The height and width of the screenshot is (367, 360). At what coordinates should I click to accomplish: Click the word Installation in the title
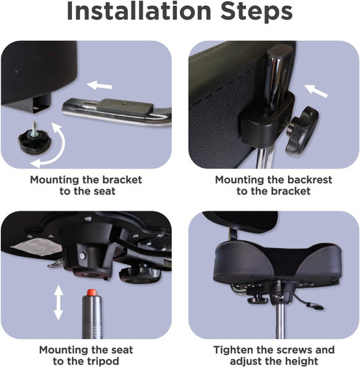[139, 11]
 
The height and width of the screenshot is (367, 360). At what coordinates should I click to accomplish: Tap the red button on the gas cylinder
[91, 292]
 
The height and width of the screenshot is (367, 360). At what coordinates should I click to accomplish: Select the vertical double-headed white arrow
[58, 302]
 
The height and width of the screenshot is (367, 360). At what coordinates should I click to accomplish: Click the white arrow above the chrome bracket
[99, 86]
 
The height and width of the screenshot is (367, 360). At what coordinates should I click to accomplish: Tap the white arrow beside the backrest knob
[315, 91]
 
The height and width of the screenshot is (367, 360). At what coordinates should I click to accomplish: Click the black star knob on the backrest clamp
[302, 131]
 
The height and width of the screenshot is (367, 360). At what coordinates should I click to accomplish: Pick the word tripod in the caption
[103, 361]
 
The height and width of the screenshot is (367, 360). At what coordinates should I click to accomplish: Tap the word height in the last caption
[302, 361]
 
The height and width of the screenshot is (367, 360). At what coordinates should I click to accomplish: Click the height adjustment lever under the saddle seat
[308, 302]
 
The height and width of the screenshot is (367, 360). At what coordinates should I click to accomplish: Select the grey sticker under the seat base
[37, 247]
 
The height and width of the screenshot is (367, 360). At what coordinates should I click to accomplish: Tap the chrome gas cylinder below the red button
[92, 317]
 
